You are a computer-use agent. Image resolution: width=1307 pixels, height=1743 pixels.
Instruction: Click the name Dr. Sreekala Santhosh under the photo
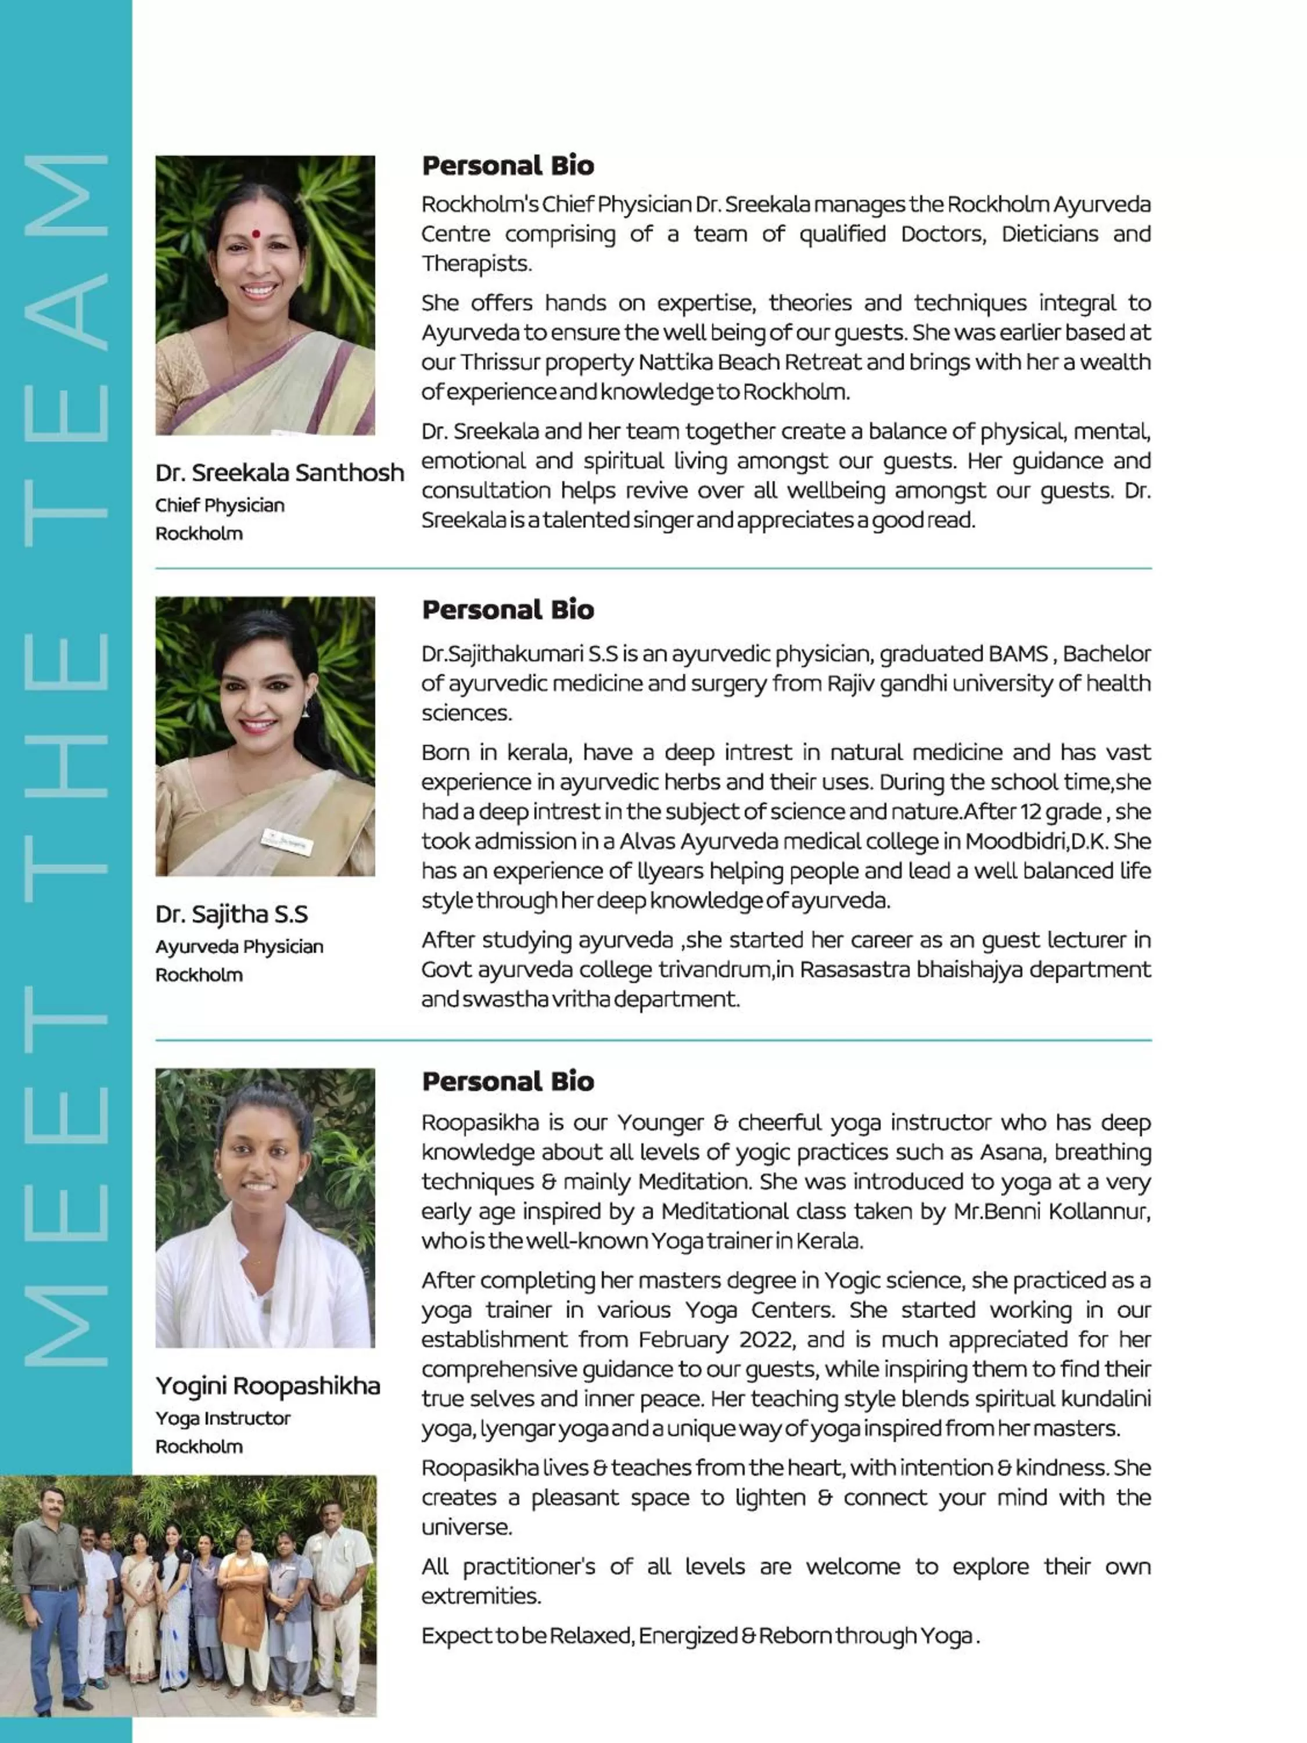click(279, 473)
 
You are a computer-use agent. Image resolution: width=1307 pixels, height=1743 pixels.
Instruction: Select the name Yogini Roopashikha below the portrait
click(267, 1385)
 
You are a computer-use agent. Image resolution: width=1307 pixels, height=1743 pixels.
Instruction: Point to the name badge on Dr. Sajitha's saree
click(288, 841)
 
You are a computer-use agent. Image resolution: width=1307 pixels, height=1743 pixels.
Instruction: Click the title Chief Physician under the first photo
click(219, 505)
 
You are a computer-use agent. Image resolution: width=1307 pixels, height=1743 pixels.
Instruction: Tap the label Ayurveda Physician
click(239, 946)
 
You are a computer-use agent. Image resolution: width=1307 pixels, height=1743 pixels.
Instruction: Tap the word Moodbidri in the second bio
click(1015, 841)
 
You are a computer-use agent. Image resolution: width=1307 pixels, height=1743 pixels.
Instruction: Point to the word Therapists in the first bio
click(476, 264)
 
